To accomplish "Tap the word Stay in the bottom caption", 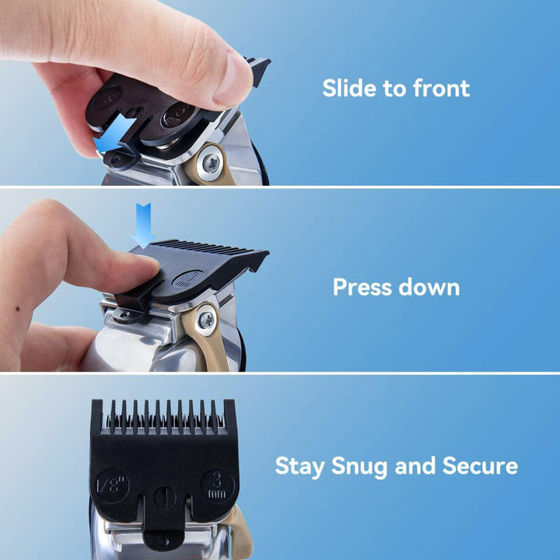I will pos(301,466).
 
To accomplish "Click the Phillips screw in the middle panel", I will pos(207,320).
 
